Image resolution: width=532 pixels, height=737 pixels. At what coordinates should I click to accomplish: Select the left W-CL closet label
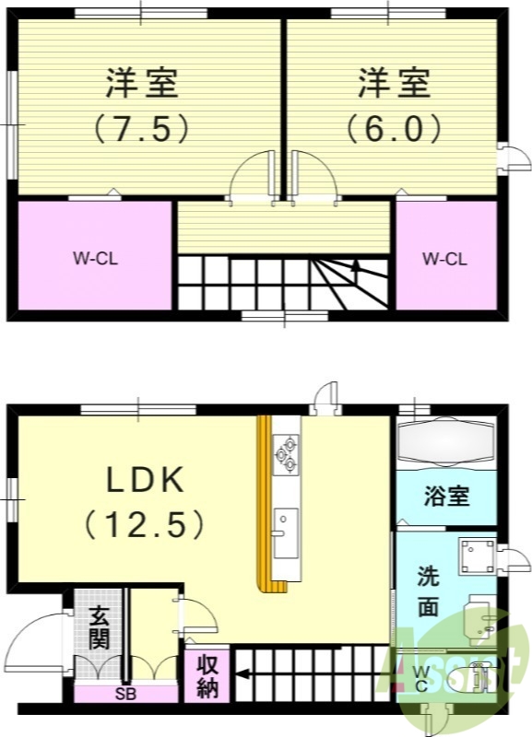(96, 259)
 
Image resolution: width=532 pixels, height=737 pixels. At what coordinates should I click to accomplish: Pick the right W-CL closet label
(444, 259)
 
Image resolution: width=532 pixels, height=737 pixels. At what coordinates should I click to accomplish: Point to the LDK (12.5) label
(146, 502)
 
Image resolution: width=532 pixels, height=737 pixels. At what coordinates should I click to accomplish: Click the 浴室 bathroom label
(446, 497)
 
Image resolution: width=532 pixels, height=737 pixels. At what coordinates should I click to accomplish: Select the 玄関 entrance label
(99, 626)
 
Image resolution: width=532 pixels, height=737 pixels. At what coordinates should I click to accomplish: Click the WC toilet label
(420, 679)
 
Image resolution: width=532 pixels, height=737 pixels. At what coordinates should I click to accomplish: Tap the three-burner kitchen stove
(285, 453)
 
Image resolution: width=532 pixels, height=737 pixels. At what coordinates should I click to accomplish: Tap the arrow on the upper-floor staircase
(354, 266)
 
